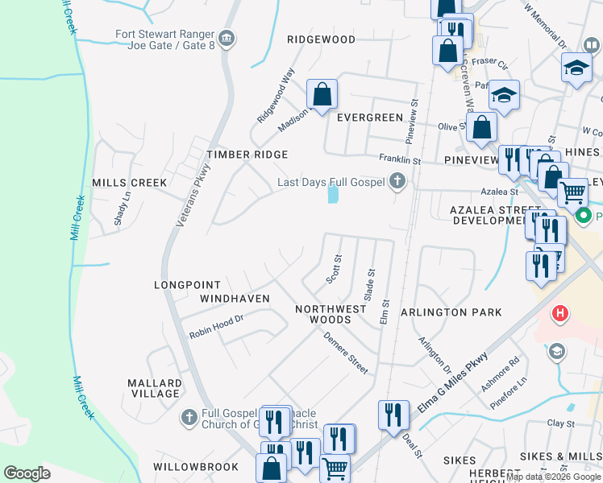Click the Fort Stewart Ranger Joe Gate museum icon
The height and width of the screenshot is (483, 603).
click(x=227, y=38)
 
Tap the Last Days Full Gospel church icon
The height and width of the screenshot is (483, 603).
click(x=397, y=182)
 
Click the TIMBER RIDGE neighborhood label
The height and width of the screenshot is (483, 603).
click(x=247, y=154)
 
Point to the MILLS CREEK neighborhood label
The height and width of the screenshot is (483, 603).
click(x=129, y=183)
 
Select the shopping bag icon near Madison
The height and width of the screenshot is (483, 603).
click(x=322, y=94)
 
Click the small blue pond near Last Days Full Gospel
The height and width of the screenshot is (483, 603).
click(x=333, y=194)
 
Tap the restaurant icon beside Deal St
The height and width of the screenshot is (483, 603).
click(x=393, y=415)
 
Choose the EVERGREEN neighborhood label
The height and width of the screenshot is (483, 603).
click(x=369, y=118)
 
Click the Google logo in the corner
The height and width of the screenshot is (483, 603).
click(x=27, y=473)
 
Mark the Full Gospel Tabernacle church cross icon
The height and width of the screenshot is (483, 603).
click(x=189, y=417)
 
